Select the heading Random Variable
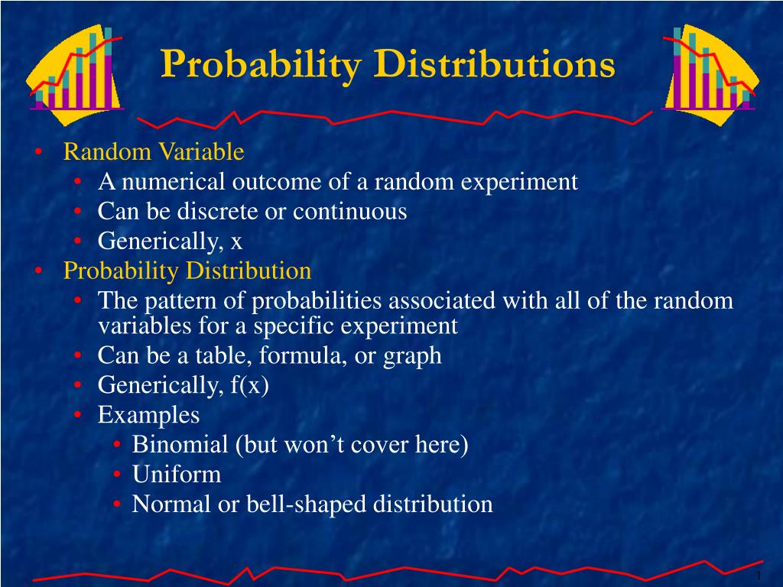(153, 152)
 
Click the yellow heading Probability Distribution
(187, 271)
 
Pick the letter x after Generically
(236, 242)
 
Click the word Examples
(148, 415)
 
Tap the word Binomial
(180, 445)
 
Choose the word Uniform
(176, 475)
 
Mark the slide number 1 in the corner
(758, 576)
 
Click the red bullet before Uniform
(116, 475)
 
